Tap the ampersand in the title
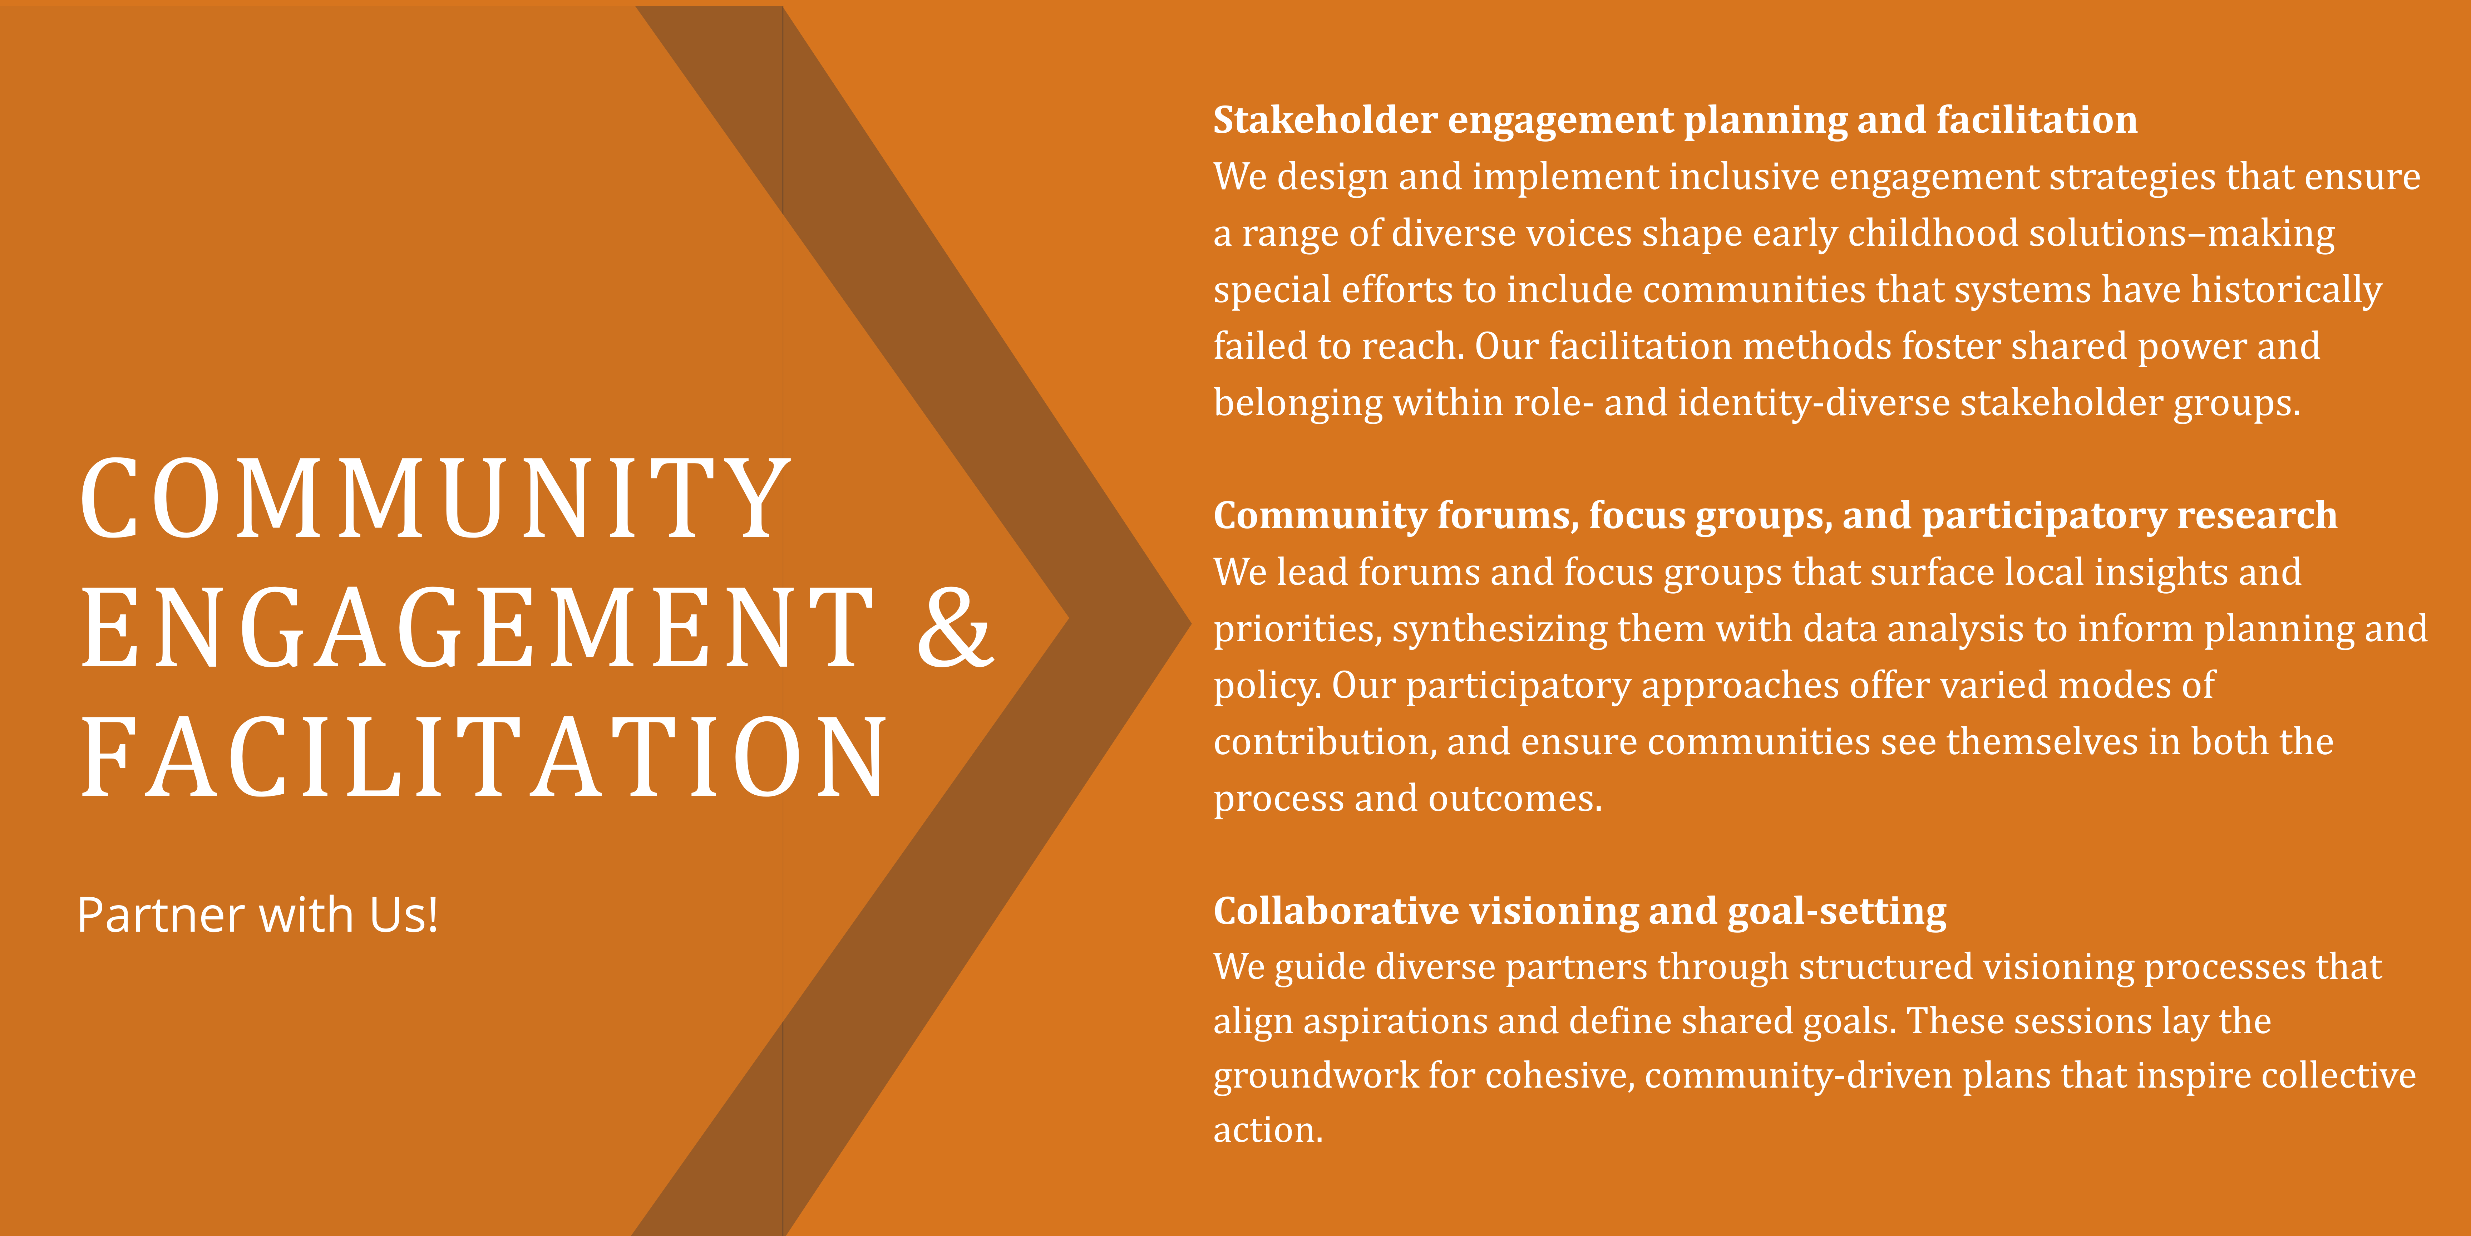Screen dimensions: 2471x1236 tap(955, 628)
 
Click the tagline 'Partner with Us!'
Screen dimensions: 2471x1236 tap(257, 914)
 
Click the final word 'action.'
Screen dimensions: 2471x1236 tap(1268, 1130)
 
